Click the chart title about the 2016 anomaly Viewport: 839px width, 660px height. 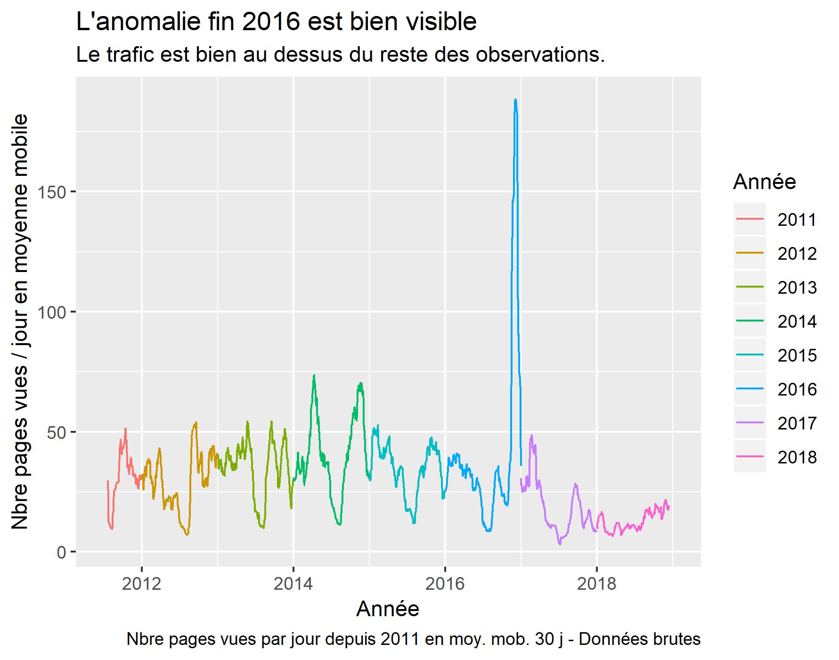tap(276, 22)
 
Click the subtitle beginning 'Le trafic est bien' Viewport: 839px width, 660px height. tap(340, 56)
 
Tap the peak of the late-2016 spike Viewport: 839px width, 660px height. tap(515, 100)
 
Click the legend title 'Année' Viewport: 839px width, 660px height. tap(764, 182)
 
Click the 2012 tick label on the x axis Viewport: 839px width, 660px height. tap(141, 584)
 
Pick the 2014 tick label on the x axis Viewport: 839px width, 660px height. tap(293, 584)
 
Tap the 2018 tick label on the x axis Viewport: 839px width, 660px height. tap(596, 584)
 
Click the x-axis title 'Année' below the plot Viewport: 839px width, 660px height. tap(388, 609)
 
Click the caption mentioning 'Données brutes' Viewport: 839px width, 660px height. tap(413, 640)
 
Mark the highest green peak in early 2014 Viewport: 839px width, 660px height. tap(314, 376)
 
